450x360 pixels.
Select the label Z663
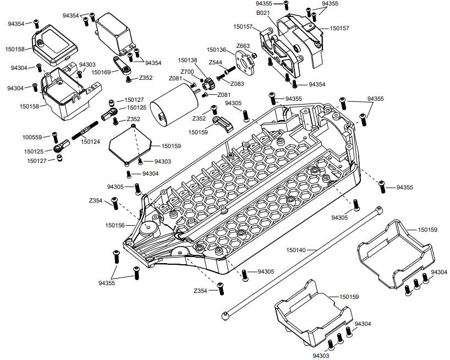[x=243, y=46]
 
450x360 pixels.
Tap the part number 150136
[x=217, y=50]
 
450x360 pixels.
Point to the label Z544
[x=215, y=62]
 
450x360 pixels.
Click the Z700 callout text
[x=186, y=72]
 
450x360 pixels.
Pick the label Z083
[x=238, y=84]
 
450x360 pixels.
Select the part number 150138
[x=188, y=60]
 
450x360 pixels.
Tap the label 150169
[x=101, y=72]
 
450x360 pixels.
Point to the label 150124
[x=90, y=141]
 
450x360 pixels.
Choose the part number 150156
[x=115, y=225]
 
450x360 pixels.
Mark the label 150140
[x=297, y=250]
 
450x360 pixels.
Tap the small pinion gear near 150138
[x=207, y=84]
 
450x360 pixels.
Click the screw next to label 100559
[x=54, y=136]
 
